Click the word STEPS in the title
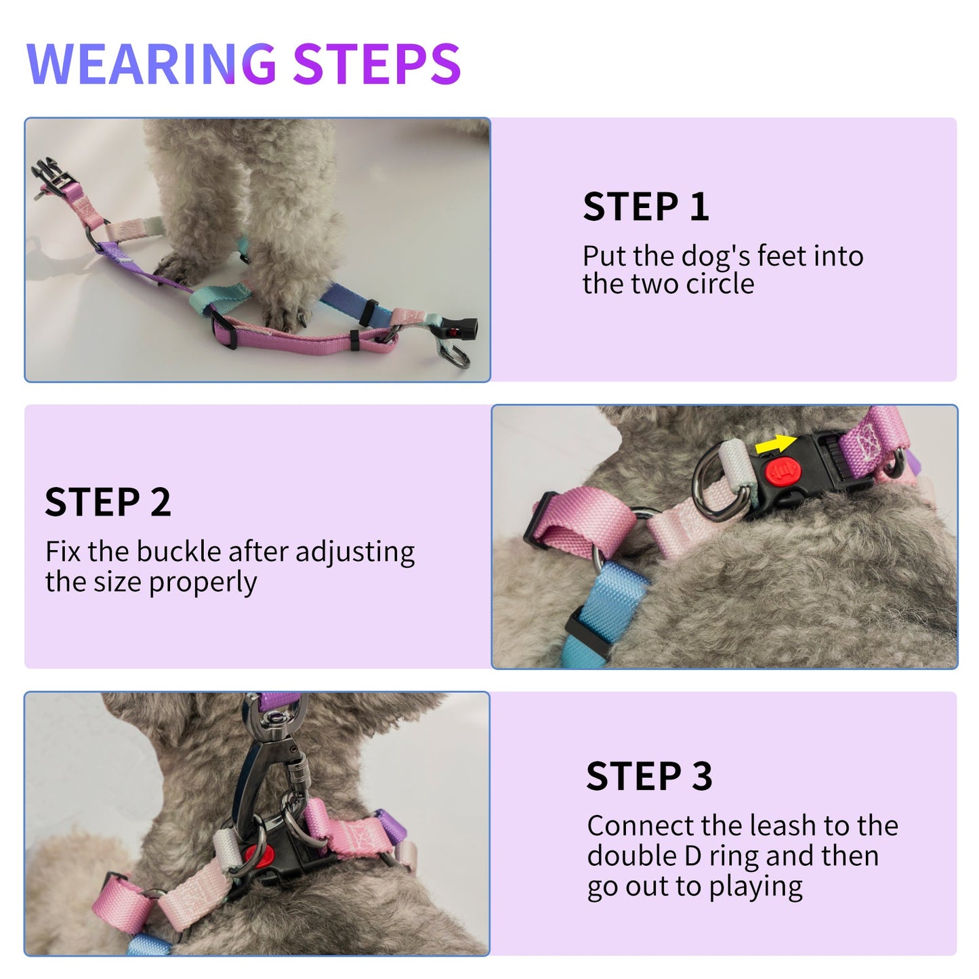[377, 64]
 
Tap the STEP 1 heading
[646, 207]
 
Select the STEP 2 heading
[108, 502]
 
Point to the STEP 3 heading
[649, 776]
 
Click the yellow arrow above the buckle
[775, 444]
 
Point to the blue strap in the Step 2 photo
[613, 603]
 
